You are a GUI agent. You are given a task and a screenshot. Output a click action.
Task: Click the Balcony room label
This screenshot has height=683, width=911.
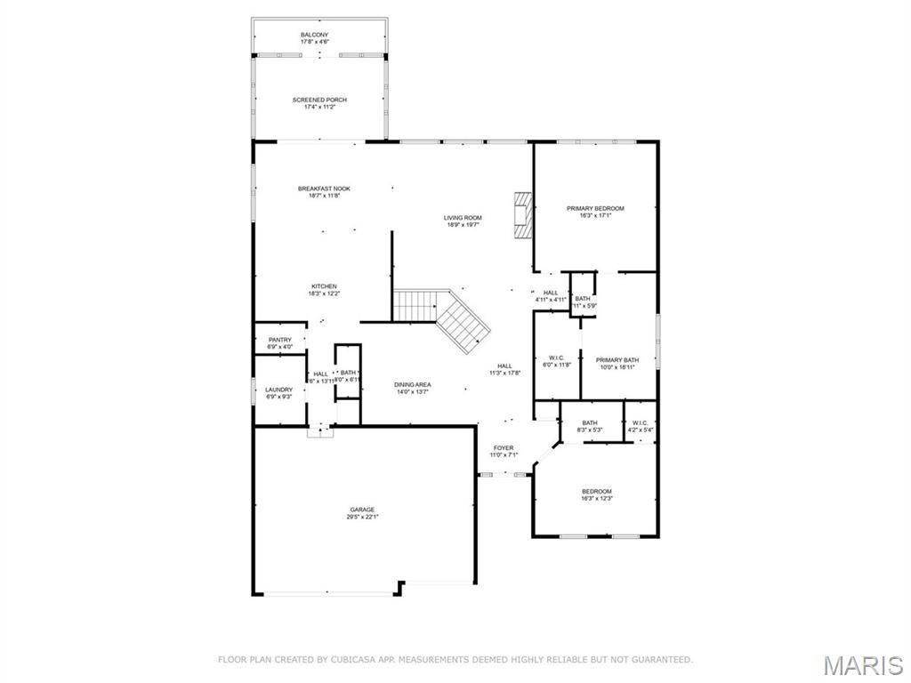tap(319, 35)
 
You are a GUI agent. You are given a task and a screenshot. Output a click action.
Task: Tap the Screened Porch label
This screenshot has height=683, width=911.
tap(319, 100)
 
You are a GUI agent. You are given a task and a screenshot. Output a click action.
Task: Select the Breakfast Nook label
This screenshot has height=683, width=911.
tap(324, 189)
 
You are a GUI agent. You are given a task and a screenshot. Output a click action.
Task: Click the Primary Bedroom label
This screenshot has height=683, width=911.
tap(595, 208)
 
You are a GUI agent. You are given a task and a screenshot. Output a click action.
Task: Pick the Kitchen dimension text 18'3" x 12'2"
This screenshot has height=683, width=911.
tap(323, 293)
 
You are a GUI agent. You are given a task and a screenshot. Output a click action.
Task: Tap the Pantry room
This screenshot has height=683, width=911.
tap(279, 340)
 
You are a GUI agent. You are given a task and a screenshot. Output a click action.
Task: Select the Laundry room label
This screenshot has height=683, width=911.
tap(278, 390)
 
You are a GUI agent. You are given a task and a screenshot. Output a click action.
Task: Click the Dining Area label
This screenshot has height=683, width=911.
tap(413, 384)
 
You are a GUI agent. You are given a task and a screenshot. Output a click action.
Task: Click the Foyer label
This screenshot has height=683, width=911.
tap(504, 447)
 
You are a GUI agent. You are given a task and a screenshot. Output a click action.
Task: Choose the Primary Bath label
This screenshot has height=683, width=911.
tap(617, 359)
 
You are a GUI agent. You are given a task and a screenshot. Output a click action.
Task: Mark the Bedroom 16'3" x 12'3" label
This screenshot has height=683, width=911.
tap(597, 491)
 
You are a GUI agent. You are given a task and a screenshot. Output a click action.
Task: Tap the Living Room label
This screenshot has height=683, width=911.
tap(463, 218)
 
